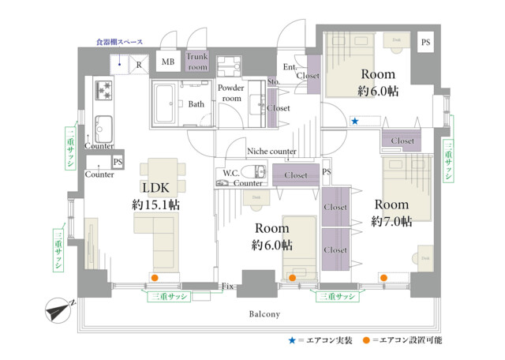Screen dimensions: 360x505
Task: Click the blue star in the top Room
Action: pos(355,122)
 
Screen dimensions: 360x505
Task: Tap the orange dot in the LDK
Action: pos(155,278)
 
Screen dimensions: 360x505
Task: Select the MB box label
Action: pos(168,62)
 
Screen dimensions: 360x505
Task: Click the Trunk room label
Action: pos(197,62)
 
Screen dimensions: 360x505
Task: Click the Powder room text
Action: pos(230,92)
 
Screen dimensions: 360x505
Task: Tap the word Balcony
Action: pos(264,314)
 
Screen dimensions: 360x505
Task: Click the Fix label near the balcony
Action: pos(227,285)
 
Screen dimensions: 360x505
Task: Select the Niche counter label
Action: pos(271,152)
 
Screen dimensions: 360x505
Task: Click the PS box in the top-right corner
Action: pos(425,42)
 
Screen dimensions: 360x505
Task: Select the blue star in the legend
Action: pos(291,340)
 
